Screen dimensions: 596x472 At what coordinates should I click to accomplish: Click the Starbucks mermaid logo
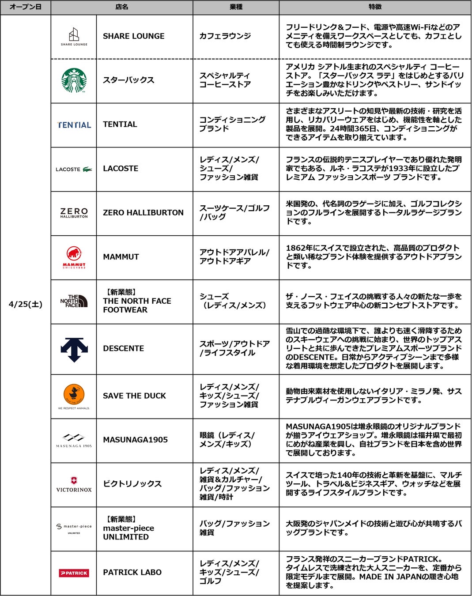[74, 80]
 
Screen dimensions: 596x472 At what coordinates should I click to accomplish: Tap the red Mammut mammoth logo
[74, 257]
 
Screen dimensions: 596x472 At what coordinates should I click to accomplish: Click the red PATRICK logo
[74, 573]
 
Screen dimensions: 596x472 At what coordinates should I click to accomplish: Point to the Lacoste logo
[74, 169]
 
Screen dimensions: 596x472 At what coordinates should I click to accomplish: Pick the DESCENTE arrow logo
[74, 349]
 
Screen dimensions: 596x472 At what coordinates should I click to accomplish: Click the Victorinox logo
[74, 484]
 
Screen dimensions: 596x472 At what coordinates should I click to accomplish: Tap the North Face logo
[74, 301]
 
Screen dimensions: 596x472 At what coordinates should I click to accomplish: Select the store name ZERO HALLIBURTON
[143, 213]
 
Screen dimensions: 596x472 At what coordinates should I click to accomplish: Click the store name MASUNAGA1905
[135, 440]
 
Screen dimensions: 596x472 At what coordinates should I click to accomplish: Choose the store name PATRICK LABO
[132, 573]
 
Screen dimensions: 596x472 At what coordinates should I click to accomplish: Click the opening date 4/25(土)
[26, 304]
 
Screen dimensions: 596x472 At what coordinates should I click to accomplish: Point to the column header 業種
[236, 7]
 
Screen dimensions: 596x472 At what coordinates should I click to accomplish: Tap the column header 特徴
[375, 7]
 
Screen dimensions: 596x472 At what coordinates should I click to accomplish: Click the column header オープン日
[26, 7]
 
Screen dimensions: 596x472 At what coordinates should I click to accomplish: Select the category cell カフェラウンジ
[225, 36]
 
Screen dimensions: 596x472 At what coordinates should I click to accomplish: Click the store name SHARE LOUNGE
[133, 36]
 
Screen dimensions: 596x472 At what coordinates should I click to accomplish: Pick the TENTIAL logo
[74, 125]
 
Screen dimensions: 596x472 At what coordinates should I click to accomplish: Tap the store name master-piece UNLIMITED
[128, 528]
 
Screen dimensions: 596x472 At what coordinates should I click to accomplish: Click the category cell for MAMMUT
[234, 257]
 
